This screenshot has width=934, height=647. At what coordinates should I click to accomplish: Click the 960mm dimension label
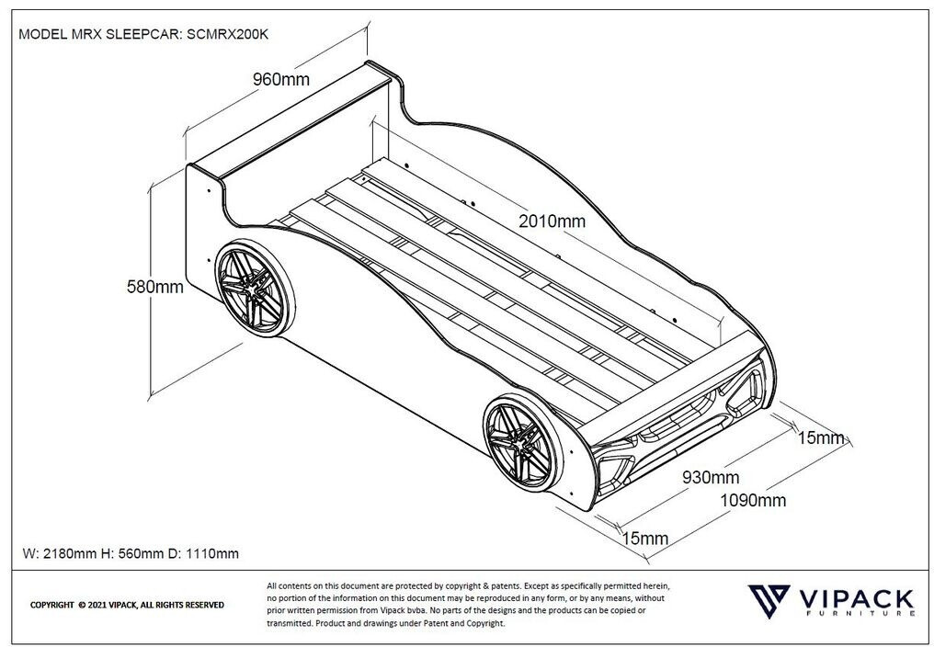click(x=281, y=79)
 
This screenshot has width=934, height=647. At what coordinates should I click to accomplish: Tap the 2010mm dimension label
click(x=552, y=221)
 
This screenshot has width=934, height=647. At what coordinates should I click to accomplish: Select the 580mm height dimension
click(x=154, y=287)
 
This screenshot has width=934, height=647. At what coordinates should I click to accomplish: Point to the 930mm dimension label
click(x=711, y=477)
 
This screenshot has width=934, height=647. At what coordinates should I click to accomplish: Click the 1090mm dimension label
click(x=753, y=501)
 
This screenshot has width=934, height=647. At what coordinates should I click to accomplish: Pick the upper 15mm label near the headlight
click(x=821, y=437)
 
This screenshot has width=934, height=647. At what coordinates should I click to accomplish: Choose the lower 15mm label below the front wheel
click(x=645, y=539)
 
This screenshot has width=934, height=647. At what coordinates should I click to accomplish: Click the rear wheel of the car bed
click(x=256, y=288)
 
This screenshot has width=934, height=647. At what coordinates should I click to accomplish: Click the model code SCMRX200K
click(x=228, y=34)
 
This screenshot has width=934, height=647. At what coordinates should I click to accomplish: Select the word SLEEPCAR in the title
click(x=144, y=34)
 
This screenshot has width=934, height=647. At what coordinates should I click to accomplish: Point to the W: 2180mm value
click(x=60, y=553)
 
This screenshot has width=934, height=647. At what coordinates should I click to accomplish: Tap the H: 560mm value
click(x=131, y=553)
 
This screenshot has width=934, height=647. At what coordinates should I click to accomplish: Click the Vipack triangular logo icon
click(x=769, y=601)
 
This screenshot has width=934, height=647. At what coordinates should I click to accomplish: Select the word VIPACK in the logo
click(x=855, y=598)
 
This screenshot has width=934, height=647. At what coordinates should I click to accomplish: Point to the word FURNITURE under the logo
click(x=860, y=613)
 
